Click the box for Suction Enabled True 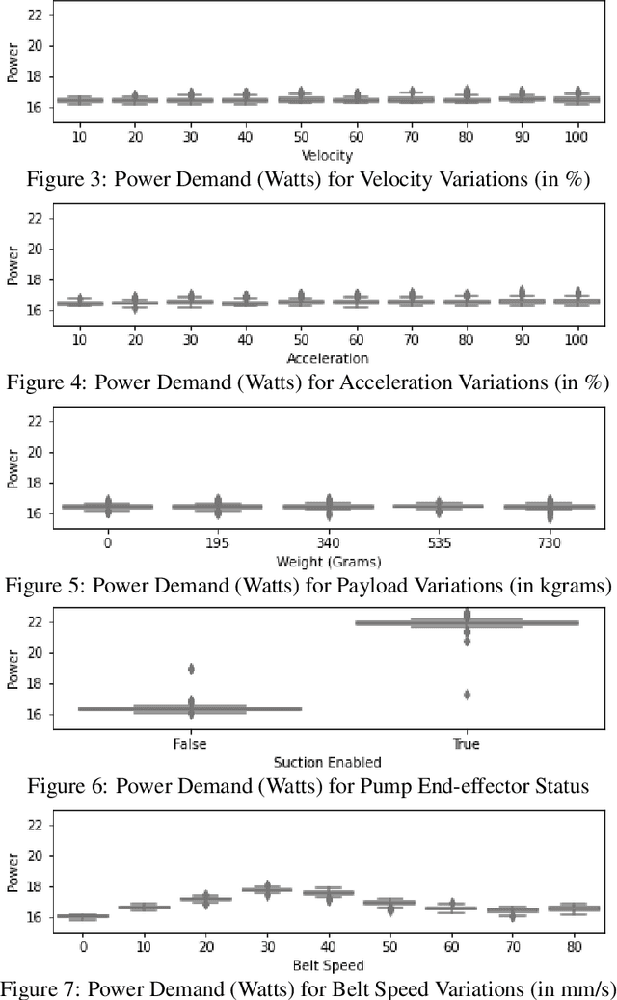coord(467,623)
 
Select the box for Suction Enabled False coord(190,709)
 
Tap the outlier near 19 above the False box coord(191,669)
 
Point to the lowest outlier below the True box coord(467,694)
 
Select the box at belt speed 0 coord(83,916)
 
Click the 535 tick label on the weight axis coord(438,542)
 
